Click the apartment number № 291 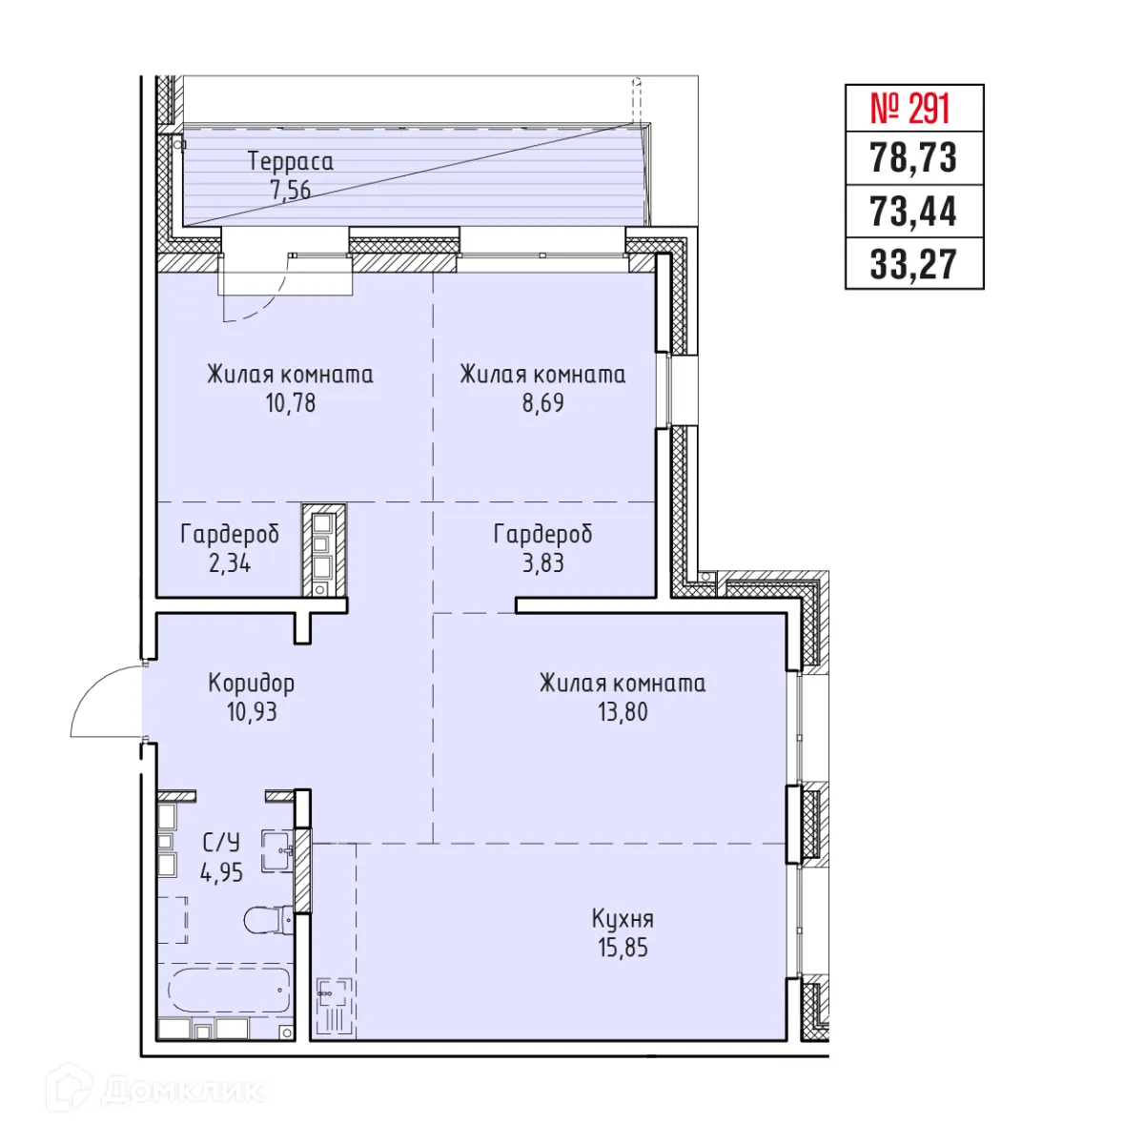coord(913,110)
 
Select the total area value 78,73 coord(913,158)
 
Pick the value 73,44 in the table coord(913,212)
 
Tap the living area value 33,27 coord(913,264)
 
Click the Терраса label coord(291,161)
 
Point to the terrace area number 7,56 coord(291,190)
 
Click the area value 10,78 coord(291,403)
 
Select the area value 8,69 coord(542,403)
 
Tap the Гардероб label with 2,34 coord(230,535)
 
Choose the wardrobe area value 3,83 coord(542,563)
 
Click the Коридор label coord(252,684)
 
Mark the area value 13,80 coord(623,712)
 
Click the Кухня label coord(623,919)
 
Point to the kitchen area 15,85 coord(623,948)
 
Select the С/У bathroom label coord(221,843)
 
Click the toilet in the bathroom coord(266,920)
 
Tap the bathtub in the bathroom coord(230,991)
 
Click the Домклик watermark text coord(181,1091)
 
